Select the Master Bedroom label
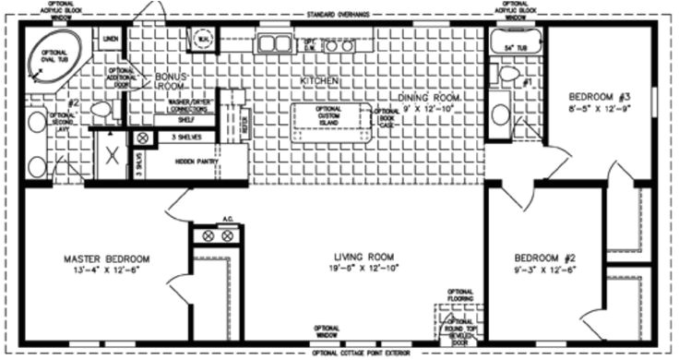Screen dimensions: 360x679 107,258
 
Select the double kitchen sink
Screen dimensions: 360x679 275,42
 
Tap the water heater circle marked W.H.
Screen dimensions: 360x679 203,39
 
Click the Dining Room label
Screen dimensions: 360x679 429,96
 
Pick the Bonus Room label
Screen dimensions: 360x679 171,80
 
